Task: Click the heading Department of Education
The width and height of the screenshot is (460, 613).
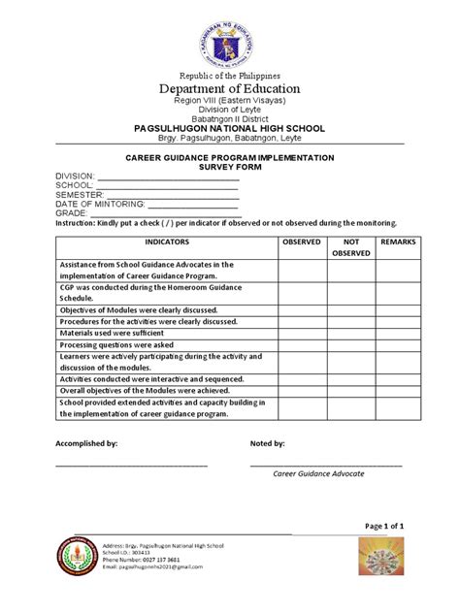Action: point(230,89)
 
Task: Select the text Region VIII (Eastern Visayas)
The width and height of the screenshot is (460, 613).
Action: point(230,102)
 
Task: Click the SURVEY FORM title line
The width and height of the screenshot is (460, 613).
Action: point(230,167)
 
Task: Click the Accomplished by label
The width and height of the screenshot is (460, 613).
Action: point(86,443)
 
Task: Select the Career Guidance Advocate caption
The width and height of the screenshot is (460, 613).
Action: point(318,473)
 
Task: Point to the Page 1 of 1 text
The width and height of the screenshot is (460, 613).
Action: point(384,526)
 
